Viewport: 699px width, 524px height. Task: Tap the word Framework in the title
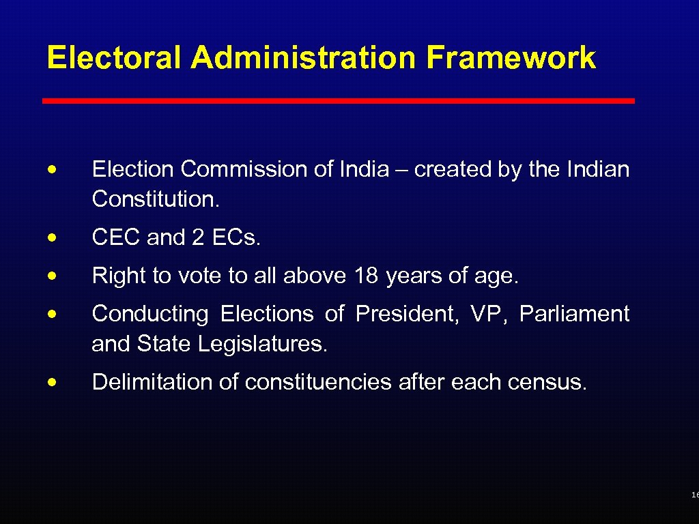[x=511, y=58]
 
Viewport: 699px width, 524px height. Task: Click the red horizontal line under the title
[x=339, y=101]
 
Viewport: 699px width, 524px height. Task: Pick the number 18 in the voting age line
[x=367, y=276]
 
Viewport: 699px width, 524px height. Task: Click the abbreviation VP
[x=488, y=314]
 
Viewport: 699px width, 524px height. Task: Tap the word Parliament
[x=574, y=314]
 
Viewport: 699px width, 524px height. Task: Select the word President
[x=408, y=314]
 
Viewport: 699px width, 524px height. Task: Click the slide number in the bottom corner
[x=694, y=495]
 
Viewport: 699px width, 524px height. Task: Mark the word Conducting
[x=150, y=315]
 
